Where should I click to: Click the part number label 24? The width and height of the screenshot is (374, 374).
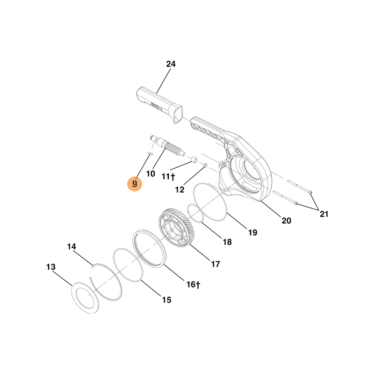(171, 64)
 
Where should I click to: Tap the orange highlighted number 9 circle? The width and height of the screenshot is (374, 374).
(135, 184)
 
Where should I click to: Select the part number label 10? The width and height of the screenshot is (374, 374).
(151, 174)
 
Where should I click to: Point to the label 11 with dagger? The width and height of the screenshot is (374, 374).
(168, 176)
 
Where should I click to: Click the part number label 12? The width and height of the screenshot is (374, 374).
(180, 189)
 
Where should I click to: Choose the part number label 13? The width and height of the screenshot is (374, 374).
(51, 267)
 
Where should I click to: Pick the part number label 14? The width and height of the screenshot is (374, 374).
(71, 246)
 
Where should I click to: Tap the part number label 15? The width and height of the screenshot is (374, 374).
(166, 300)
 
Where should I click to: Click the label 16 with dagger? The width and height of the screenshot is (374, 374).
(193, 284)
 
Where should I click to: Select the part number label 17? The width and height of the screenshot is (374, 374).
(215, 264)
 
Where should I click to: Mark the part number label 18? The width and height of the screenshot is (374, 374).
(227, 242)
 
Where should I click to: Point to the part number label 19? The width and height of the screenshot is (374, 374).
(252, 232)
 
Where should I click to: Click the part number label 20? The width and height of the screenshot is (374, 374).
(286, 221)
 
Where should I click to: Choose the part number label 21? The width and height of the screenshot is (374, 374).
(324, 214)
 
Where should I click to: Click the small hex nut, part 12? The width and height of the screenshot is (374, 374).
(204, 165)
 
